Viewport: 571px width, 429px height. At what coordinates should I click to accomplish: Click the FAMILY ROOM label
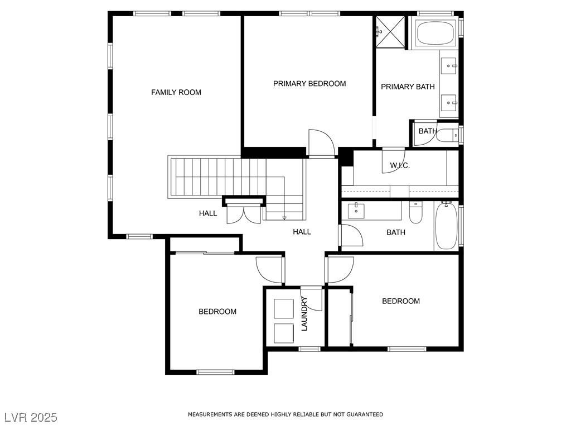pyautogui.click(x=176, y=92)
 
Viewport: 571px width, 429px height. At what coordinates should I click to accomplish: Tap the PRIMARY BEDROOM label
pyautogui.click(x=309, y=84)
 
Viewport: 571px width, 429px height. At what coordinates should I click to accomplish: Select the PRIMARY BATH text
pyautogui.click(x=408, y=87)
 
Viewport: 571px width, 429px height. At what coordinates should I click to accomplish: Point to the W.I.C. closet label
pyautogui.click(x=400, y=165)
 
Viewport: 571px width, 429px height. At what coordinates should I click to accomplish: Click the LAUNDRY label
pyautogui.click(x=305, y=314)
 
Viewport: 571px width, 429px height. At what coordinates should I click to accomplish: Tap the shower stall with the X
pyautogui.click(x=390, y=32)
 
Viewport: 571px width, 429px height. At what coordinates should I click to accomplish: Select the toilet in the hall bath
pyautogui.click(x=415, y=213)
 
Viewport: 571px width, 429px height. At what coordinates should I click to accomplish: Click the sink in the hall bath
pyautogui.click(x=356, y=211)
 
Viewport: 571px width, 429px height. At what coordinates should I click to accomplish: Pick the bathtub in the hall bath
pyautogui.click(x=446, y=226)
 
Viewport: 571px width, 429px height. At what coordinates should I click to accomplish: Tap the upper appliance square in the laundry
pyautogui.click(x=284, y=308)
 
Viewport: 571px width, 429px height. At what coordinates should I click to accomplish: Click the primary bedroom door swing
pyautogui.click(x=321, y=142)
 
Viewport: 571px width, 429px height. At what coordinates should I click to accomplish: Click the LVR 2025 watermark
pyautogui.click(x=31, y=417)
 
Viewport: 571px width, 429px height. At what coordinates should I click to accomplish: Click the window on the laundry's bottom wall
pyautogui.click(x=309, y=349)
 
